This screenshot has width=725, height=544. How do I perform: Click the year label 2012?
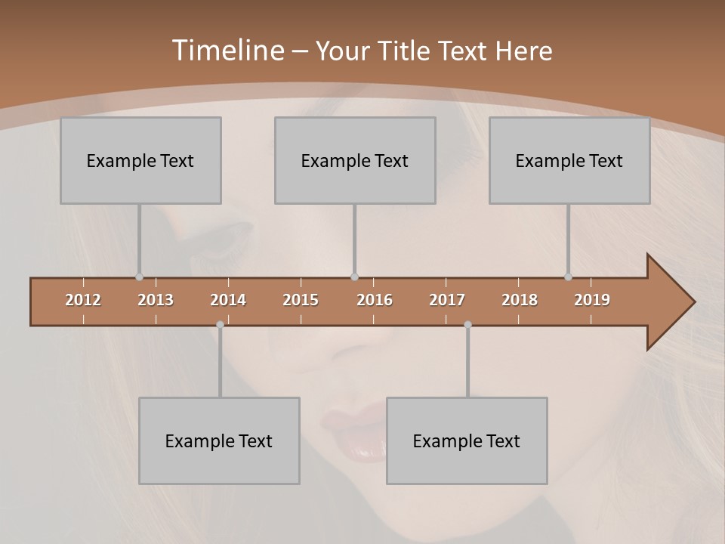[83, 300]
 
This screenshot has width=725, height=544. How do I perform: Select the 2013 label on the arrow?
[156, 300]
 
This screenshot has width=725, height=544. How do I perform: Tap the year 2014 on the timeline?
[228, 300]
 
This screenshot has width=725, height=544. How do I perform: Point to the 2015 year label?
[301, 300]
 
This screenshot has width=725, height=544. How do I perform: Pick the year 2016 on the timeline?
[375, 300]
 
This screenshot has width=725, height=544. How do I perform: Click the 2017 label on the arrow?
[447, 300]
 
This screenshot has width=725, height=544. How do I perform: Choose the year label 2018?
[520, 300]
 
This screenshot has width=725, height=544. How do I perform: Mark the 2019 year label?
[592, 300]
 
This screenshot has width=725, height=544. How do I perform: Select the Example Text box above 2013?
[140, 160]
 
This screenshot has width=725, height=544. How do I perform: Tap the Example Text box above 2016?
[355, 160]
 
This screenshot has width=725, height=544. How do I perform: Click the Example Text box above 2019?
[569, 160]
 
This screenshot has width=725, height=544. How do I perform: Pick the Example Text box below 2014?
[219, 440]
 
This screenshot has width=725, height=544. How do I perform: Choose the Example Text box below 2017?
[467, 440]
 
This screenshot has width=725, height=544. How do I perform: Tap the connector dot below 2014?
[220, 325]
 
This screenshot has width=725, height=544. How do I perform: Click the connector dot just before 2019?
[568, 277]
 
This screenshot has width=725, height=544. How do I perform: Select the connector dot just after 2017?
[467, 325]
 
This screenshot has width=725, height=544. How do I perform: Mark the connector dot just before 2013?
[139, 277]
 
